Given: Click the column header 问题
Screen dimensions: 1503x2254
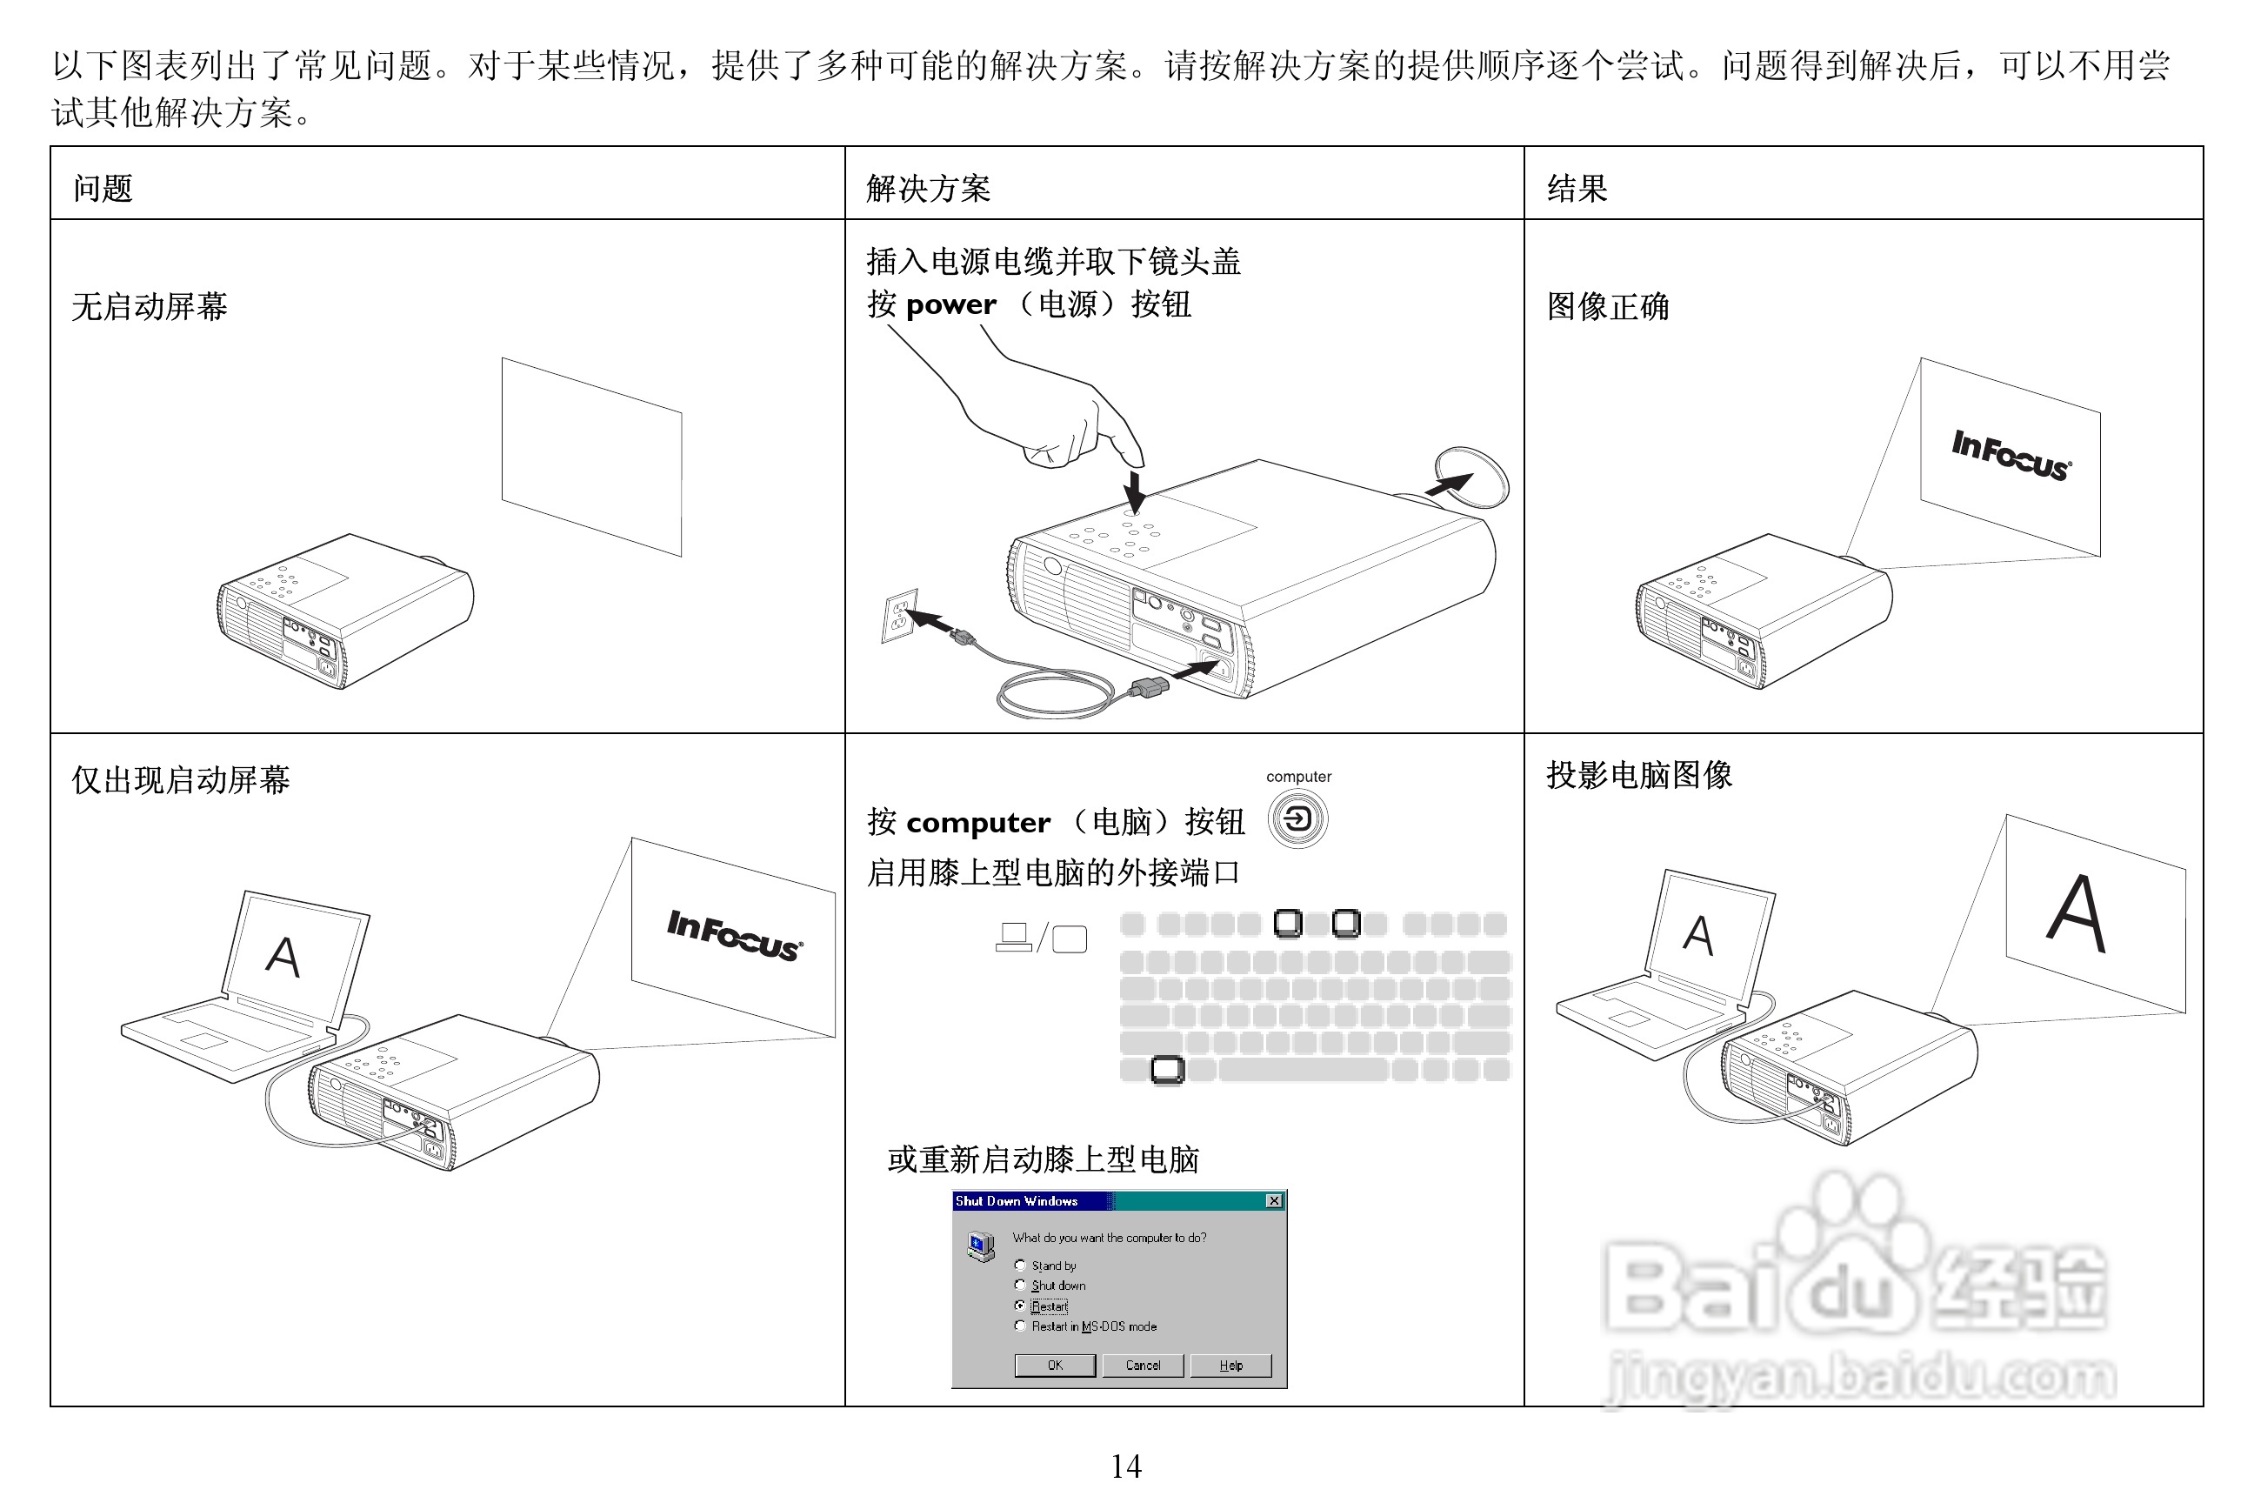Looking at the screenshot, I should [103, 188].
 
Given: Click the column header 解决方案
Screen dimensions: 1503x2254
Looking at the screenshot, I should [928, 188].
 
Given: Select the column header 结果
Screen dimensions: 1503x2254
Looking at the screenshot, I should [1577, 188].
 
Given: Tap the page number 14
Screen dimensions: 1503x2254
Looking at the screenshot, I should [1126, 1466].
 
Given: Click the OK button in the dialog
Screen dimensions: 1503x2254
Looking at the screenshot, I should [1054, 1365].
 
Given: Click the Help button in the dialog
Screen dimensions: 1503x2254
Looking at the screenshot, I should [1230, 1365].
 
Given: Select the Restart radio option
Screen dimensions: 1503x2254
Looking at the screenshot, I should [1020, 1306].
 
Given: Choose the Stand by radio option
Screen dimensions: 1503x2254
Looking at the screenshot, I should [1020, 1266].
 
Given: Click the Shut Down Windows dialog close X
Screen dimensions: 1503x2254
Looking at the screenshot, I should [1274, 1201].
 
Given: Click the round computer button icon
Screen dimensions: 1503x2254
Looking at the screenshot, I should [1297, 818].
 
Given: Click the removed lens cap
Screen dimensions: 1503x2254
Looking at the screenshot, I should [1472, 477].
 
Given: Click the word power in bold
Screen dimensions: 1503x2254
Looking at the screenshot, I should [950, 304].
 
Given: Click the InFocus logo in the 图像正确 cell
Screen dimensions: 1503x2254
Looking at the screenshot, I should [2011, 455].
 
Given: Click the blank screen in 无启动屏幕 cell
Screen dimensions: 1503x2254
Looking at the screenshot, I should [591, 457].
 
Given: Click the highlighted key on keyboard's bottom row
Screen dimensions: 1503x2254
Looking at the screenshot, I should [1166, 1069].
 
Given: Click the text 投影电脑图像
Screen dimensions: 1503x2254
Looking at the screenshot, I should [1638, 774].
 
